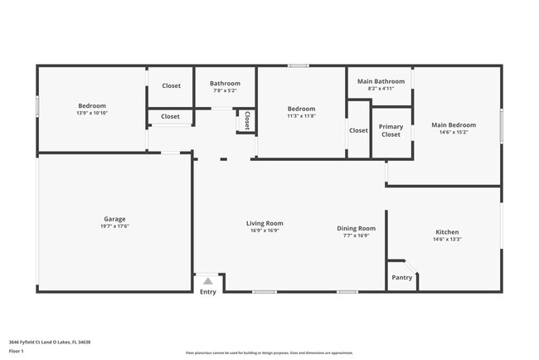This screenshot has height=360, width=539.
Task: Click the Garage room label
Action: point(115,218)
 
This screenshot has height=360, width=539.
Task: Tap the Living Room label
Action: point(265,223)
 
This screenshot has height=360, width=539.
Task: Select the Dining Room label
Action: point(356,228)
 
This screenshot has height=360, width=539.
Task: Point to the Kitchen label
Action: point(447,231)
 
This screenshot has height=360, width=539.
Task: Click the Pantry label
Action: point(401,278)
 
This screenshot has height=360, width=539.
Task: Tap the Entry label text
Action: point(208,291)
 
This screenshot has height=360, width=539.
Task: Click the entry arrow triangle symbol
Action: point(207,281)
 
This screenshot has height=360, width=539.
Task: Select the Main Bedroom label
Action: point(453,125)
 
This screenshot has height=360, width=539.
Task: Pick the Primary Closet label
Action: point(391,130)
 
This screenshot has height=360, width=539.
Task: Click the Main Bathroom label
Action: point(381,81)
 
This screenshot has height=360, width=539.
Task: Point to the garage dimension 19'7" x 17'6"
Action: point(115,226)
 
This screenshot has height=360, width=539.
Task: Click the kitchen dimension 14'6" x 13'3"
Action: point(447,239)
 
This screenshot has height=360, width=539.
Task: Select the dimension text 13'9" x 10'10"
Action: point(92,113)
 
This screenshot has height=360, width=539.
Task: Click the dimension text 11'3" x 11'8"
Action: point(301,116)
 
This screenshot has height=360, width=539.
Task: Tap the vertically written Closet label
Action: point(246,121)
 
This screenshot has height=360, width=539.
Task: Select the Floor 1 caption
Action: point(17,351)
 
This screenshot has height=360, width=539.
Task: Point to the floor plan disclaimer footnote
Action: point(269,352)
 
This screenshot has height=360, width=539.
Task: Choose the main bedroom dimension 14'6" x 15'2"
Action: point(453,132)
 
